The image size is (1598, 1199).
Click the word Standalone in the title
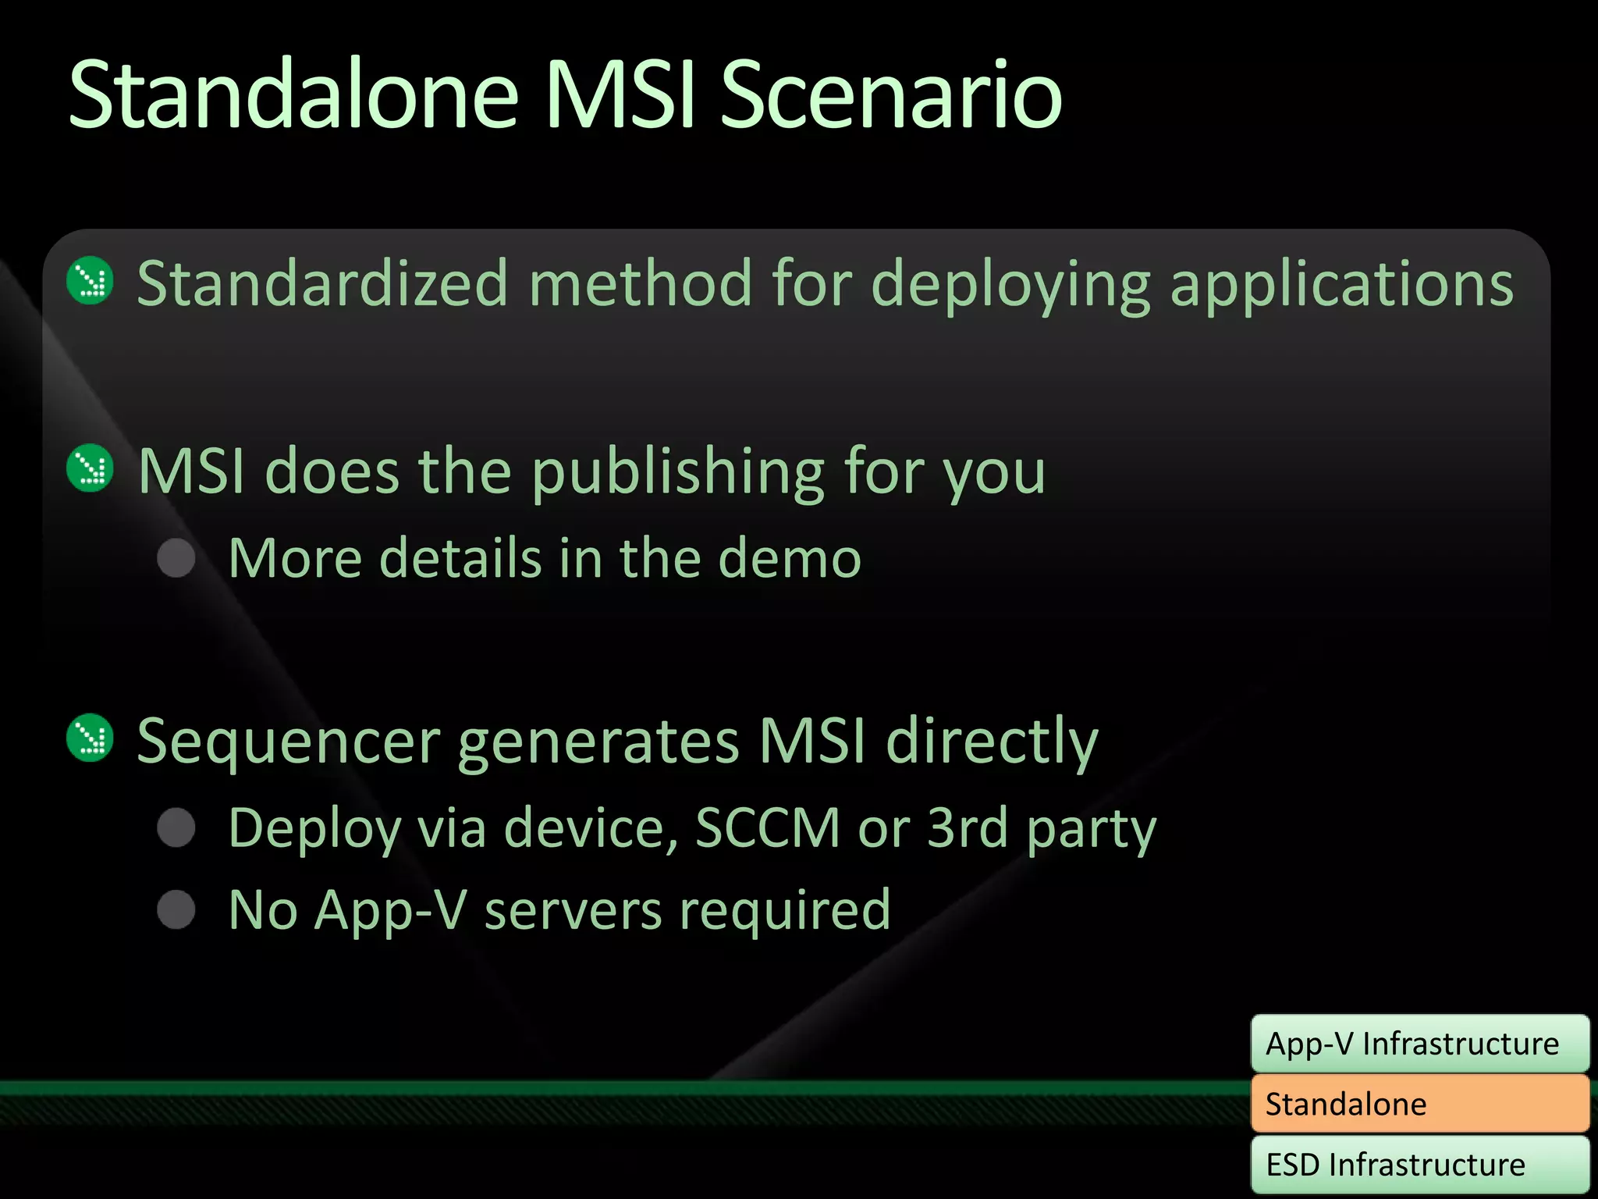coord(293,95)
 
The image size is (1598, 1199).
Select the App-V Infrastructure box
coord(1419,1044)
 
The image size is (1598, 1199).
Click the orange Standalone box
coord(1419,1104)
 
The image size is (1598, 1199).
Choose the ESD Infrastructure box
coord(1419,1164)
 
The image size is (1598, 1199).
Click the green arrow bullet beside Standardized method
coord(91,281)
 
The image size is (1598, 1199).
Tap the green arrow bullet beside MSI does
coord(91,468)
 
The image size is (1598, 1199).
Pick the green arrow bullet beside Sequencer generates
coord(91,738)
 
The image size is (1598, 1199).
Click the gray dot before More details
coord(176,558)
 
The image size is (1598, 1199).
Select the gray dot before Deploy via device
coord(176,827)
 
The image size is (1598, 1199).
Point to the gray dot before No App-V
coord(176,909)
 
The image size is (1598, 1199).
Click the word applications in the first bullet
coord(1342,285)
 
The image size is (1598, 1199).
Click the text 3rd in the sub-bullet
coord(967,828)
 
